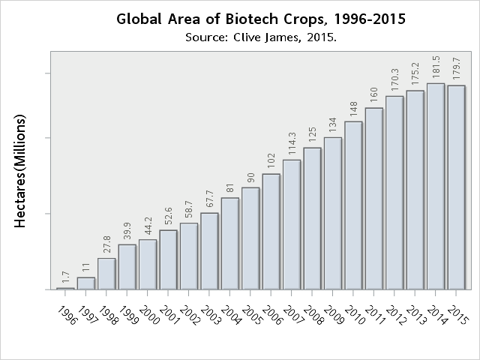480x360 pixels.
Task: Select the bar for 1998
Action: coord(106,274)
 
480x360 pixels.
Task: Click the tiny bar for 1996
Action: coord(66,288)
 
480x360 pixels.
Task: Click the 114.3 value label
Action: coord(292,142)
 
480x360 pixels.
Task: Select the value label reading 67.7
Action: coord(209,198)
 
